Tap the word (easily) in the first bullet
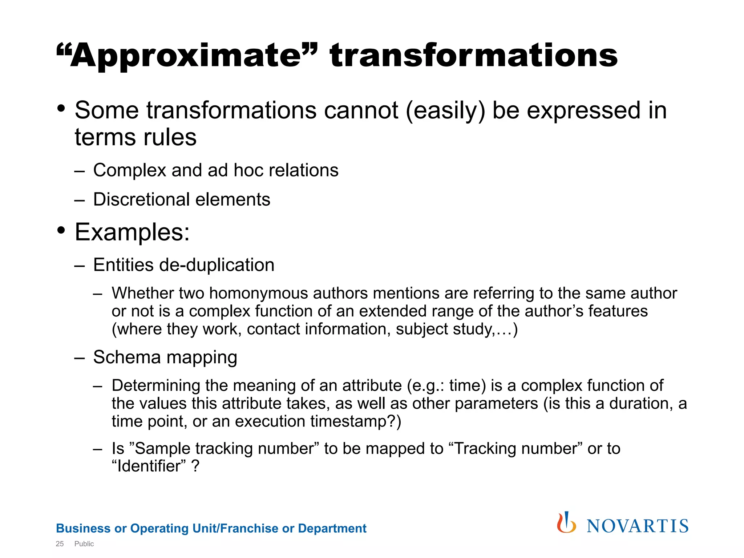[x=445, y=110]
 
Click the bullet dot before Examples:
[x=61, y=230]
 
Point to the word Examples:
[x=132, y=232]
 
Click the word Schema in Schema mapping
[x=127, y=357]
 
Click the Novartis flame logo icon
[x=566, y=523]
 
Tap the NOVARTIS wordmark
[x=638, y=526]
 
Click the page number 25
[x=60, y=544]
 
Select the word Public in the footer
[x=84, y=544]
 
